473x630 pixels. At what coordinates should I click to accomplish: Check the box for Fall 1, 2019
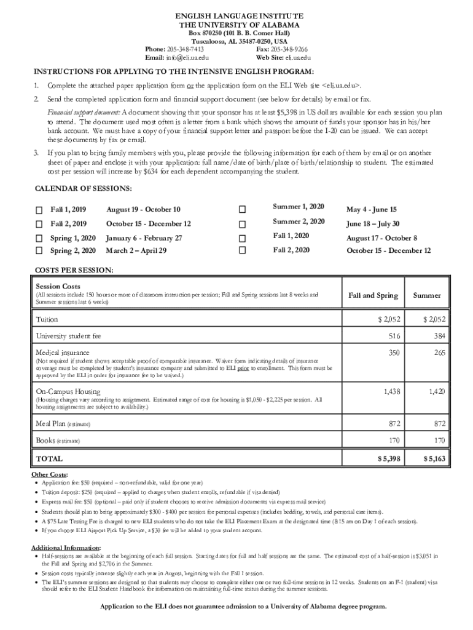tap(39, 210)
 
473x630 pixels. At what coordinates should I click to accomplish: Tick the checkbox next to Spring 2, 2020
tap(39, 251)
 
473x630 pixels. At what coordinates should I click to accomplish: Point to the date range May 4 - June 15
tap(371, 210)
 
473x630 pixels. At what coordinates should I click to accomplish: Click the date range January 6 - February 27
tap(144, 237)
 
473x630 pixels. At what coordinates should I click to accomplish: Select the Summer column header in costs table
tap(426, 295)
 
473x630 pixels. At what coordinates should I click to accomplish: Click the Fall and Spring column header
tap(373, 295)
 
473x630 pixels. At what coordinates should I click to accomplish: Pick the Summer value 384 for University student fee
tap(439, 336)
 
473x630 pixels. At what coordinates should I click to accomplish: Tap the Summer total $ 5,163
tap(435, 459)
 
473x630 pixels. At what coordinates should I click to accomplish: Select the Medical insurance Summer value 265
tap(439, 353)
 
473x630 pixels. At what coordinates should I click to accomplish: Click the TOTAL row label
tap(49, 459)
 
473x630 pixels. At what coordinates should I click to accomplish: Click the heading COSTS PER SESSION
tap(74, 271)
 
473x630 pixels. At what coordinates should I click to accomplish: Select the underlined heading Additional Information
tap(66, 548)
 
